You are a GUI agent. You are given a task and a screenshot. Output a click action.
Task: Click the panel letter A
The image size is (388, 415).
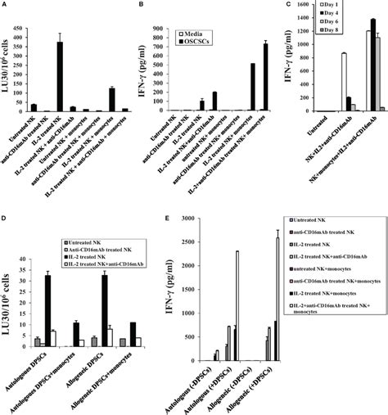pos(6,7)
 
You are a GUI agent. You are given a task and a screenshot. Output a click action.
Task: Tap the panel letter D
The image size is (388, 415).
pos(6,219)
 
